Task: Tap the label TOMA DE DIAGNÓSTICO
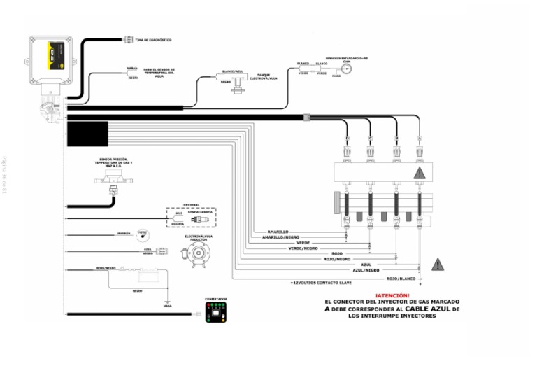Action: tap(153, 40)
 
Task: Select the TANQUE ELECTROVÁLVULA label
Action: tap(264, 76)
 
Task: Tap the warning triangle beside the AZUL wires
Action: tap(438, 264)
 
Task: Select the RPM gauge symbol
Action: tap(142, 234)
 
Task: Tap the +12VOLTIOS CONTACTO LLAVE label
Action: tap(320, 283)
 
